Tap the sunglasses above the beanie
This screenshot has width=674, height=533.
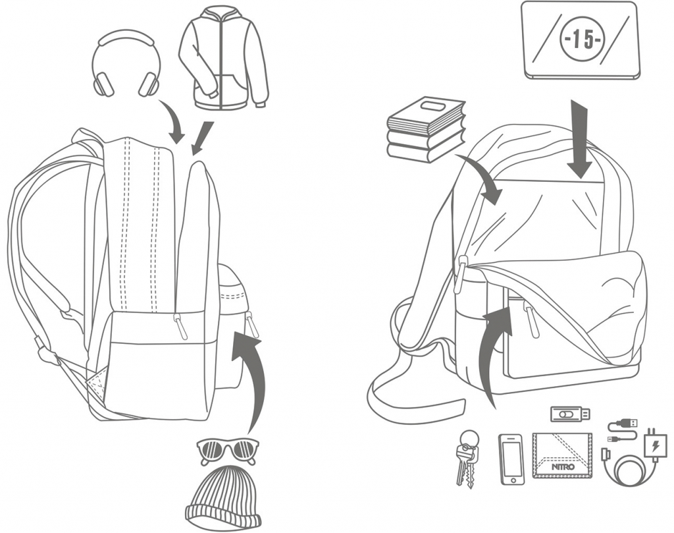tap(228, 451)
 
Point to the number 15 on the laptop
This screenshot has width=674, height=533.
tap(579, 38)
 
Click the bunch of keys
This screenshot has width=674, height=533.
tap(468, 458)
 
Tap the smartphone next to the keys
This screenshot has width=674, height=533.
tap(511, 459)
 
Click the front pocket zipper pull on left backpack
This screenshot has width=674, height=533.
tap(179, 325)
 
